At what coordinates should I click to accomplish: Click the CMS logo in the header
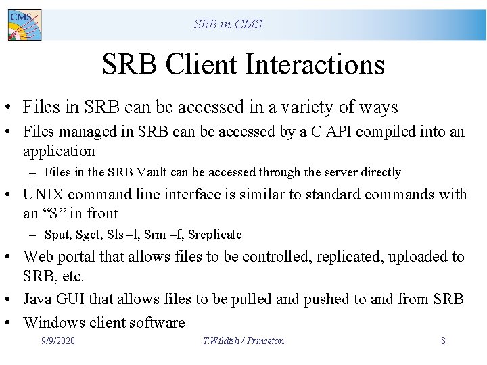[24, 24]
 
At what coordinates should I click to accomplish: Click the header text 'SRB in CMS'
[227, 24]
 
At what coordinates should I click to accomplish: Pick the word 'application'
[59, 151]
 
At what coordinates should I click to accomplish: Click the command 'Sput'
[57, 235]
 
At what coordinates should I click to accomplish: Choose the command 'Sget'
[89, 235]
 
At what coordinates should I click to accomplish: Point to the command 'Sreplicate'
[214, 235]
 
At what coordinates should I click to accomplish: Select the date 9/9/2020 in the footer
[58, 341]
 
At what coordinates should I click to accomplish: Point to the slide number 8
[443, 341]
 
